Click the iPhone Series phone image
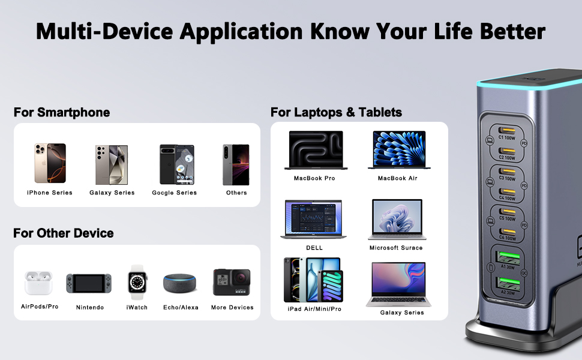click(x=50, y=163)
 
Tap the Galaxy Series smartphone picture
click(x=112, y=164)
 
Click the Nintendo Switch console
click(x=89, y=284)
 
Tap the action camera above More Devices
click(x=232, y=282)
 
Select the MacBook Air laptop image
click(x=397, y=150)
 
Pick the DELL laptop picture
click(x=314, y=220)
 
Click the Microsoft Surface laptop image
click(x=395, y=220)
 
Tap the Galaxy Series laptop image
click(x=398, y=284)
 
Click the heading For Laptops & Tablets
click(x=336, y=112)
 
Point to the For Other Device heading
click(x=64, y=233)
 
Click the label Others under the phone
click(x=236, y=193)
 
